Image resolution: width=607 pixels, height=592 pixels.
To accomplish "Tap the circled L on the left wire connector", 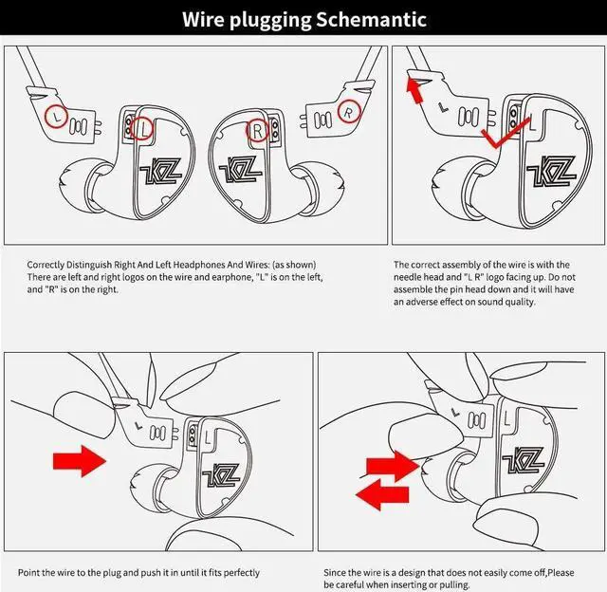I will tap(58, 117).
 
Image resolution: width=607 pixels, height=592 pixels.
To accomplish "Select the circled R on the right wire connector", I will tap(350, 113).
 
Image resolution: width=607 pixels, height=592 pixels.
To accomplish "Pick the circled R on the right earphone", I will tap(256, 128).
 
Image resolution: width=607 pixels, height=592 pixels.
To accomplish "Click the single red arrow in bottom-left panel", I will tap(80, 462).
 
